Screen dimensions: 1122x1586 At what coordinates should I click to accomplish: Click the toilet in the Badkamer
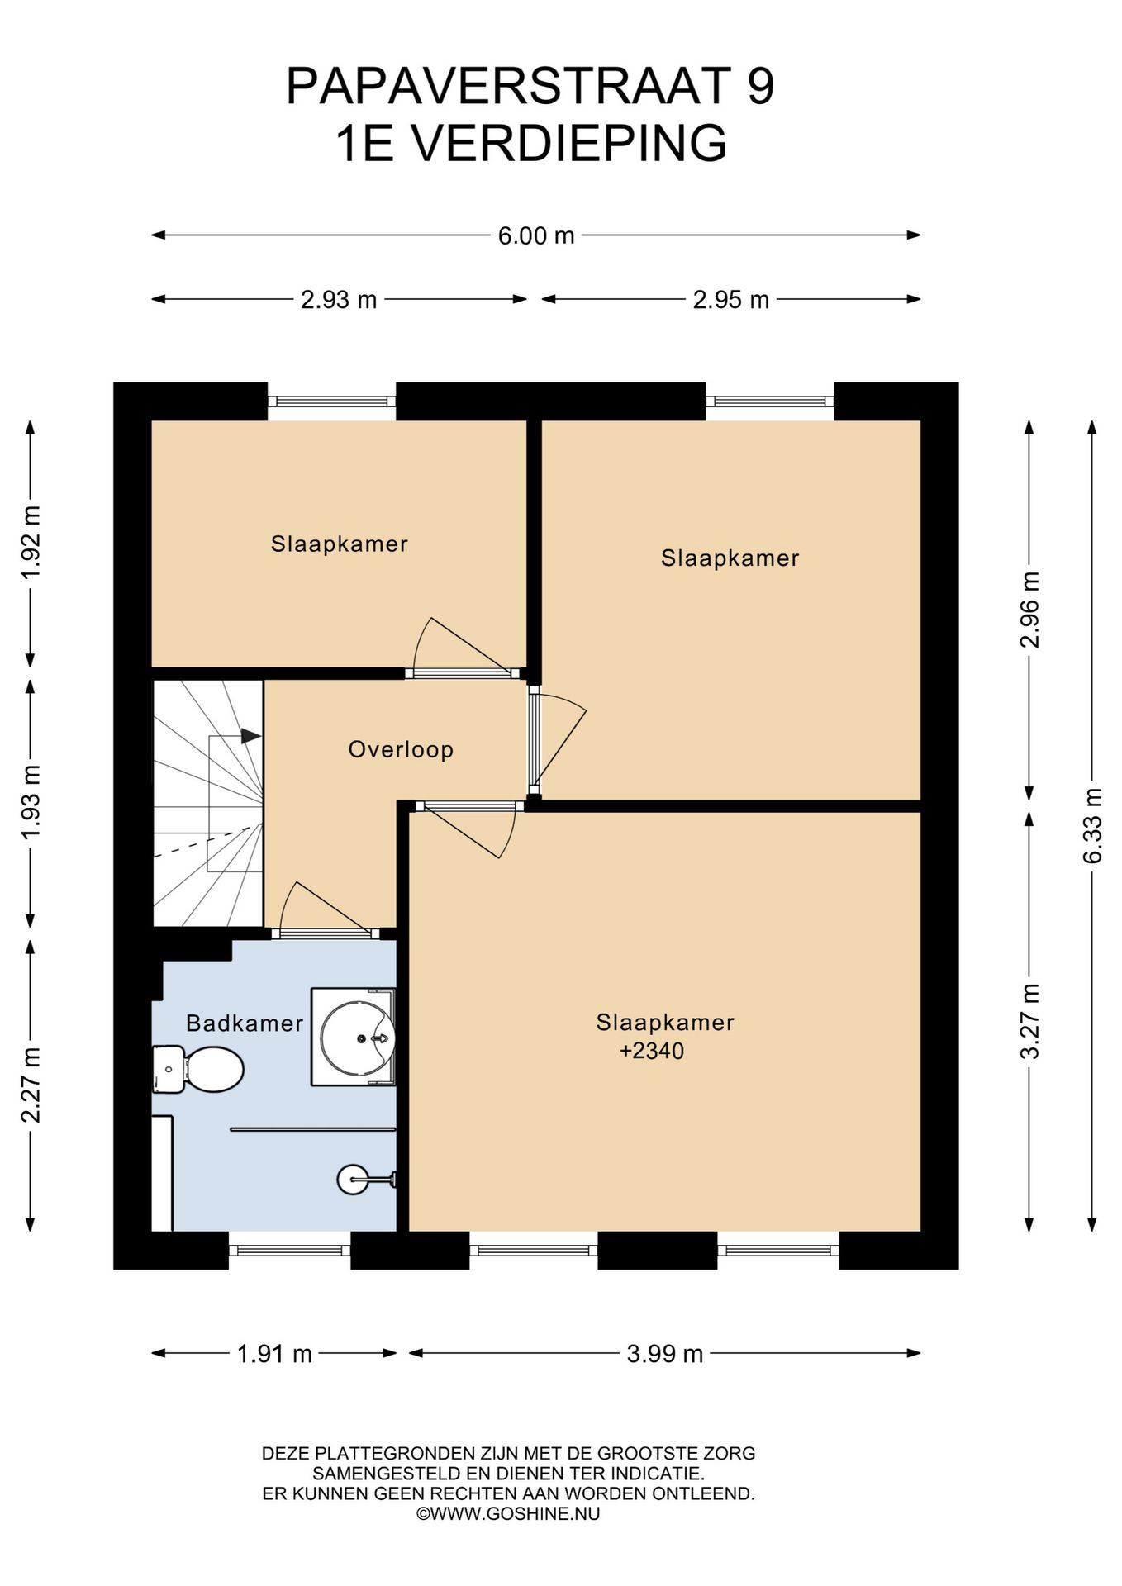click(198, 1069)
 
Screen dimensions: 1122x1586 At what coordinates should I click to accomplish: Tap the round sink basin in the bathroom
click(357, 1037)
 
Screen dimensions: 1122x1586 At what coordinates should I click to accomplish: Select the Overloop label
click(401, 749)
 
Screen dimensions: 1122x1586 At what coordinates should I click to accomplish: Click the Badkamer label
click(245, 1023)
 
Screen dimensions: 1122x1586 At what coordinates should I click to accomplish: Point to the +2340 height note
click(652, 1051)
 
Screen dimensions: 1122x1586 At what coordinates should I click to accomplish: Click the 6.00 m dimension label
click(535, 235)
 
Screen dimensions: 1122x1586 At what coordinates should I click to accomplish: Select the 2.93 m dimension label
click(339, 299)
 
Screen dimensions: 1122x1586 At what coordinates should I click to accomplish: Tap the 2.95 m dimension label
click(731, 299)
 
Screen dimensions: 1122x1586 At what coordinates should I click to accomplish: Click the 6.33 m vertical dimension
click(1092, 826)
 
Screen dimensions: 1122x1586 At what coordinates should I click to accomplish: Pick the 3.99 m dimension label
click(665, 1354)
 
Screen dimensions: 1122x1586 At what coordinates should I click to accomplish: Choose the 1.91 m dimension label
click(274, 1354)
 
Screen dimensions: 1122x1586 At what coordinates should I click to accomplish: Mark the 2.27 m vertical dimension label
click(31, 1085)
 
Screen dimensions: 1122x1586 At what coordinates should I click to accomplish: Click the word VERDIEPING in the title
click(569, 143)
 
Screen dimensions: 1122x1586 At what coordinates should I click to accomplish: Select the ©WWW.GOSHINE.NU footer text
click(508, 1513)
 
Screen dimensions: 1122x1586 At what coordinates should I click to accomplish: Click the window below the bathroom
click(289, 1250)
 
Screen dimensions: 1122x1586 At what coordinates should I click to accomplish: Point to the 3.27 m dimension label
click(1029, 1021)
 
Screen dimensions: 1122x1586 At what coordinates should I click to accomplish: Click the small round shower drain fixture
click(353, 1180)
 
